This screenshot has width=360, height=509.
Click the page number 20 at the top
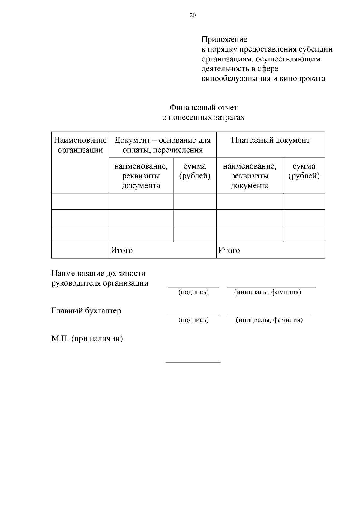point(193,16)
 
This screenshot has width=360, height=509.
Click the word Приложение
point(224,39)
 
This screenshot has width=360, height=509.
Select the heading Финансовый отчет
point(203,107)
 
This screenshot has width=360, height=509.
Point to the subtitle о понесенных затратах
point(203,117)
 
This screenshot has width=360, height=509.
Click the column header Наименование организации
point(80,145)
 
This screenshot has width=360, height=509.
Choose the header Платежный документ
point(270,140)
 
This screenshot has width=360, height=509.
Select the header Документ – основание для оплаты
point(163,145)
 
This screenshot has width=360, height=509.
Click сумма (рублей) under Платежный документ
point(304,171)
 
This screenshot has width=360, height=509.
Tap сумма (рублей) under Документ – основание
point(195,171)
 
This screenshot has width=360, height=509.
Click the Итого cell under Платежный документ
point(229,250)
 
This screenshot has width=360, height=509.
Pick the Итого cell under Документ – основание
point(122,250)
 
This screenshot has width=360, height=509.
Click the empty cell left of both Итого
point(80,250)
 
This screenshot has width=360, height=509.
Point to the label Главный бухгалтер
point(86,311)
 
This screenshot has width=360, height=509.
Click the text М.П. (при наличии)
point(87,339)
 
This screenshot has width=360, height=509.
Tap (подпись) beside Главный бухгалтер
point(193,320)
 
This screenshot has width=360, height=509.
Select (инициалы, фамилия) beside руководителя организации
point(267,292)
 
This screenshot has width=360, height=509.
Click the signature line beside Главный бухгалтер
point(193,315)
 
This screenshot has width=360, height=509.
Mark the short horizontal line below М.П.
point(193,362)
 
